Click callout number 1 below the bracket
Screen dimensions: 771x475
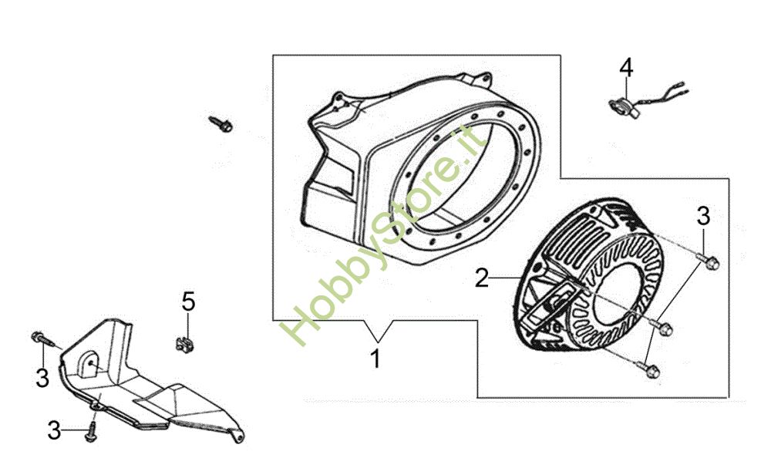tap(375, 359)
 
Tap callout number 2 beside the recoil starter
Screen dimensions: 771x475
tap(481, 278)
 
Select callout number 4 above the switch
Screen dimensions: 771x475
tap(626, 67)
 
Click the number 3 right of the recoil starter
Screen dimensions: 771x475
tap(703, 216)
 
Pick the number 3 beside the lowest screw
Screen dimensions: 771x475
tap(54, 430)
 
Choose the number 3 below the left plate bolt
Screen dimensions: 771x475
tap(42, 378)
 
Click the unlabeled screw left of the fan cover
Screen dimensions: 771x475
tap(221, 123)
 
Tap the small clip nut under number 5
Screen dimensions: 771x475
tap(183, 339)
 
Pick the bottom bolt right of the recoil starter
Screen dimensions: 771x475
tap(652, 371)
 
